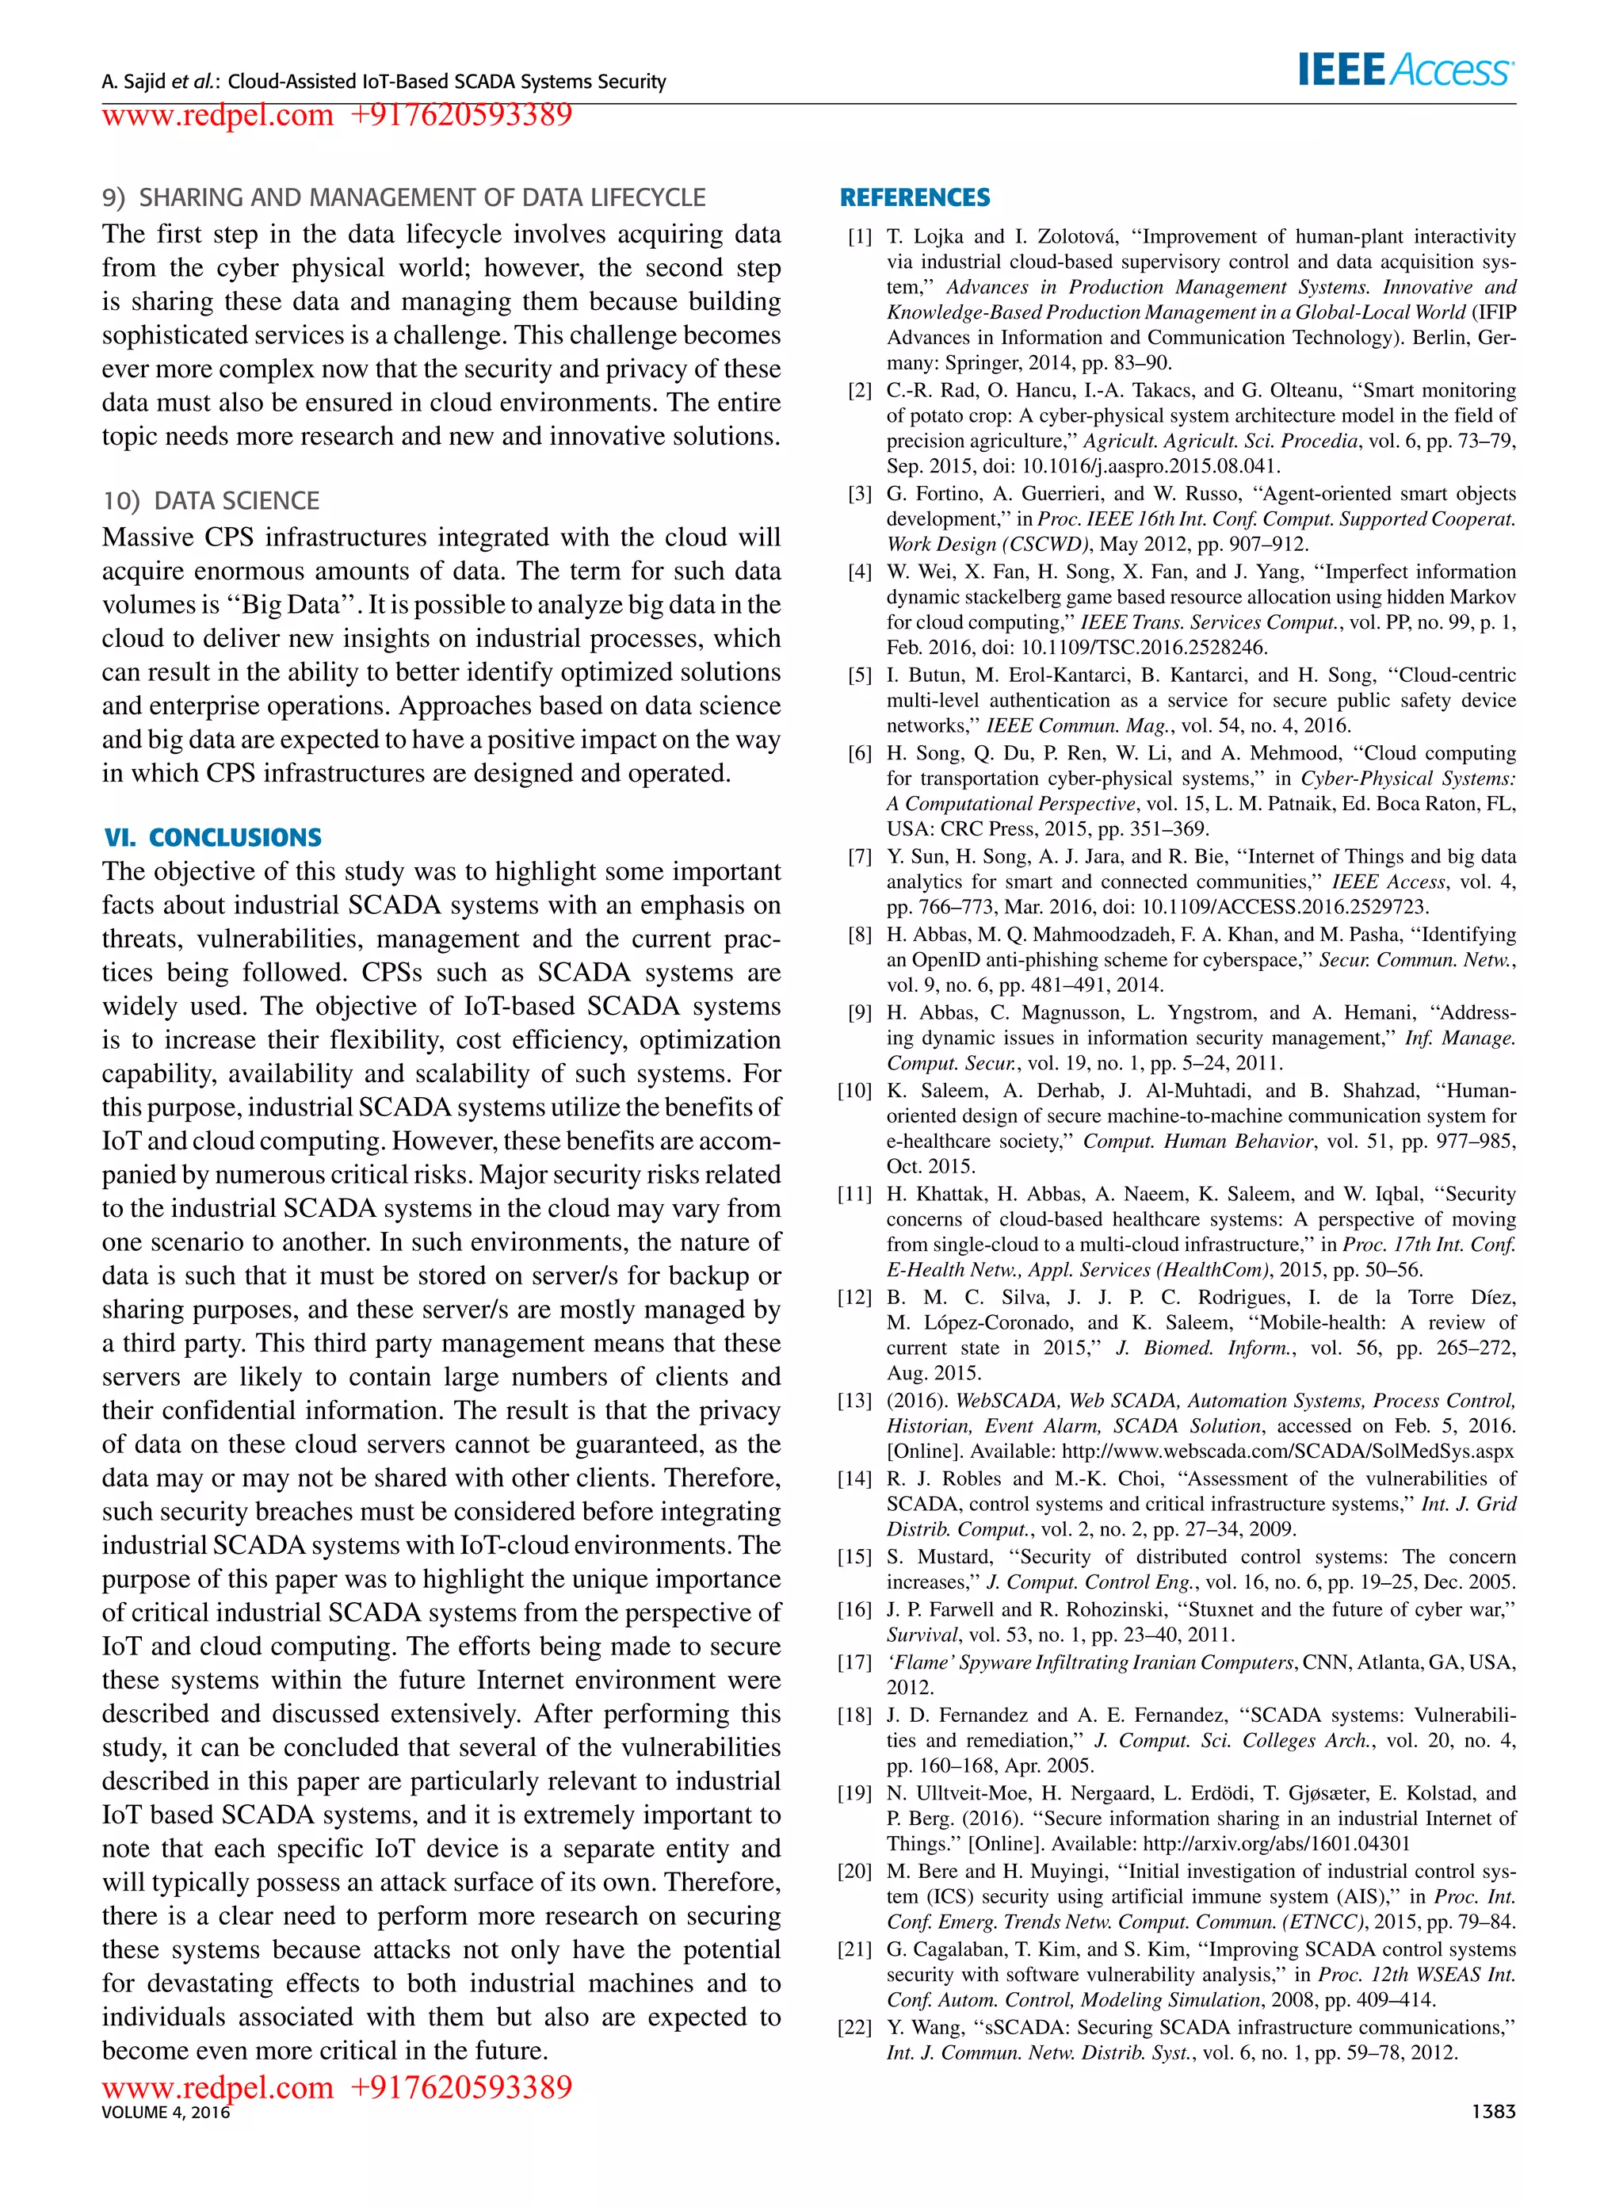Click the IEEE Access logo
pos(1405,71)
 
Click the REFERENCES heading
pos(915,197)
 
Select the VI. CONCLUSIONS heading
pos(213,837)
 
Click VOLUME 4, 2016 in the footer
pos(165,2113)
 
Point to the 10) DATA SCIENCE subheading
pos(212,501)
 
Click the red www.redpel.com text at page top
pos(218,115)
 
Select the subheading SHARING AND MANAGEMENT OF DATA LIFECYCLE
pos(422,197)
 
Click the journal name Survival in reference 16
pos(922,1635)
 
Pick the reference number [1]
pos(860,237)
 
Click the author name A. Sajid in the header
pos(135,82)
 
